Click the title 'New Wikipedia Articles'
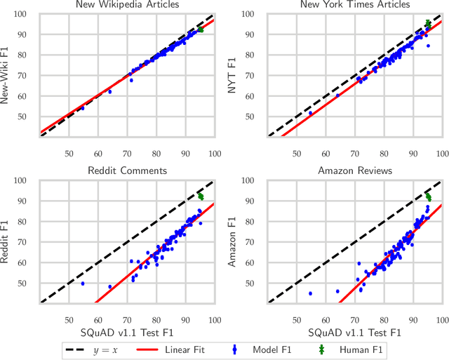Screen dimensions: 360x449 (x=126, y=5)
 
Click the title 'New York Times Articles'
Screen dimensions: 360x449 (x=355, y=5)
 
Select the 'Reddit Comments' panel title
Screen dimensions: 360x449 (x=126, y=171)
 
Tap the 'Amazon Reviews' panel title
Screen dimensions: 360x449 (x=355, y=171)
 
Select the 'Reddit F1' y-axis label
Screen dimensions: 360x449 (x=9, y=241)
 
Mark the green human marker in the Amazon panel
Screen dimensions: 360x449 (x=429, y=197)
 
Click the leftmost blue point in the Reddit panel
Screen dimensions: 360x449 (x=83, y=284)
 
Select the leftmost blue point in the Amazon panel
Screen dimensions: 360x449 (x=311, y=293)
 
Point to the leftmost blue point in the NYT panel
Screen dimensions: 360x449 (x=311, y=113)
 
